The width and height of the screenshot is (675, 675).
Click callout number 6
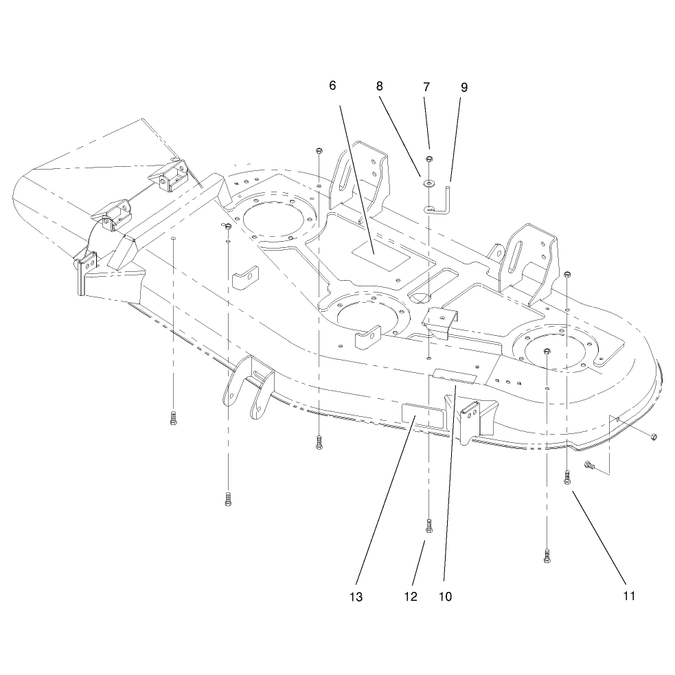tap(332, 86)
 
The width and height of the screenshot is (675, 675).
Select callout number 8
tap(379, 87)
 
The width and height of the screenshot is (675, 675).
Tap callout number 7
tap(426, 87)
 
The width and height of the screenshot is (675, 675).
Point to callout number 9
tap(464, 88)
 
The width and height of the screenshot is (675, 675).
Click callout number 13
tap(356, 597)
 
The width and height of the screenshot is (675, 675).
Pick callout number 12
tap(411, 597)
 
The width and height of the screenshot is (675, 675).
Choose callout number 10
tap(445, 597)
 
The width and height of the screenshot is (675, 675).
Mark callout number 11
tap(629, 596)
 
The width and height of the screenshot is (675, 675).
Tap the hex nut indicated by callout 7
tap(428, 159)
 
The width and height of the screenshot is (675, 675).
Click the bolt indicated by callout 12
tap(428, 526)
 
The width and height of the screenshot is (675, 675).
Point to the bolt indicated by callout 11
tap(567, 477)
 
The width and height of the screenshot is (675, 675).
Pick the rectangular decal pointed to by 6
tap(381, 255)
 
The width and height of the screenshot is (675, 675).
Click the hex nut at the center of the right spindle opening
tap(547, 351)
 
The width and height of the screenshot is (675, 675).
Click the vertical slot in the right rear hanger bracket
tap(515, 258)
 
